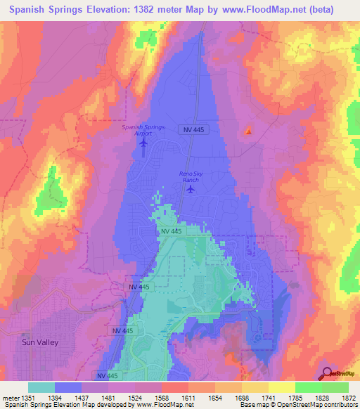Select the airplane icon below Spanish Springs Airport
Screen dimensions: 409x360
pyautogui.click(x=144, y=144)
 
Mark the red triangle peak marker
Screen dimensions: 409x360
pyautogui.click(x=247, y=131)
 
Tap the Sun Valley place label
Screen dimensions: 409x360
pyautogui.click(x=39, y=342)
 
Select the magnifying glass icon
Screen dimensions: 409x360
pyautogui.click(x=326, y=373)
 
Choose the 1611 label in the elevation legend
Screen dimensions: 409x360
pyautogui.click(x=188, y=398)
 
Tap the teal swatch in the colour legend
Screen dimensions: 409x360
pyautogui.click(x=41, y=387)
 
